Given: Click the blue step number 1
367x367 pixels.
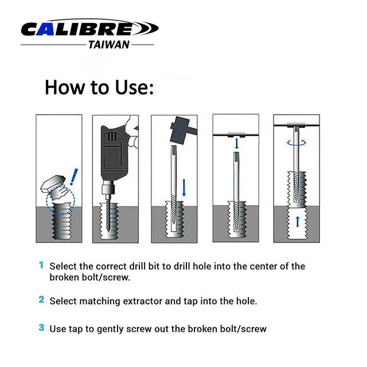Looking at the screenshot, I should pyautogui.click(x=41, y=266).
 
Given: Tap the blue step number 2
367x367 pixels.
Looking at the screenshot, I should pyautogui.click(x=41, y=299).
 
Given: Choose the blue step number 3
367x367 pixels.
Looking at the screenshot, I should pyautogui.click(x=41, y=328).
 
